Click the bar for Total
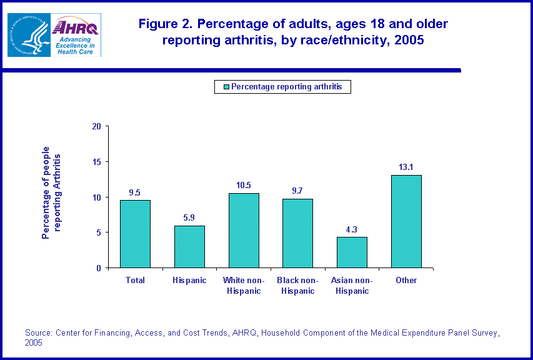click(135, 234)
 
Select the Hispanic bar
click(189, 246)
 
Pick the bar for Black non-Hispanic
click(297, 233)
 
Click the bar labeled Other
click(406, 221)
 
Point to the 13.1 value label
click(406, 167)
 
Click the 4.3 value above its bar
click(352, 229)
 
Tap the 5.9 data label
click(189, 218)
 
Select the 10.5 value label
click(244, 186)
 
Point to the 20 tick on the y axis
click(96, 126)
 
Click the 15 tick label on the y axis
click(96, 162)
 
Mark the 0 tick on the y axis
click(99, 268)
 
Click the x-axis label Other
click(406, 281)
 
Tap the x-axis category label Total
click(135, 281)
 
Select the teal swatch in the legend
click(226, 87)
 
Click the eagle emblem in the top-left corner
click(27, 35)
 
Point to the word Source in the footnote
click(38, 332)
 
